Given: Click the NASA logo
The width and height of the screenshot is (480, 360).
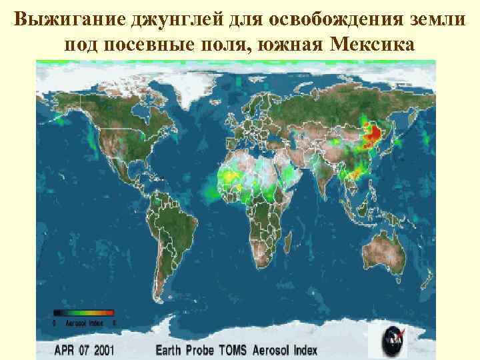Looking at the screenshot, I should pos(394,342).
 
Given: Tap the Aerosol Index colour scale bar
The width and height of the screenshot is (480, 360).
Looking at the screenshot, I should pos(83,312).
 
